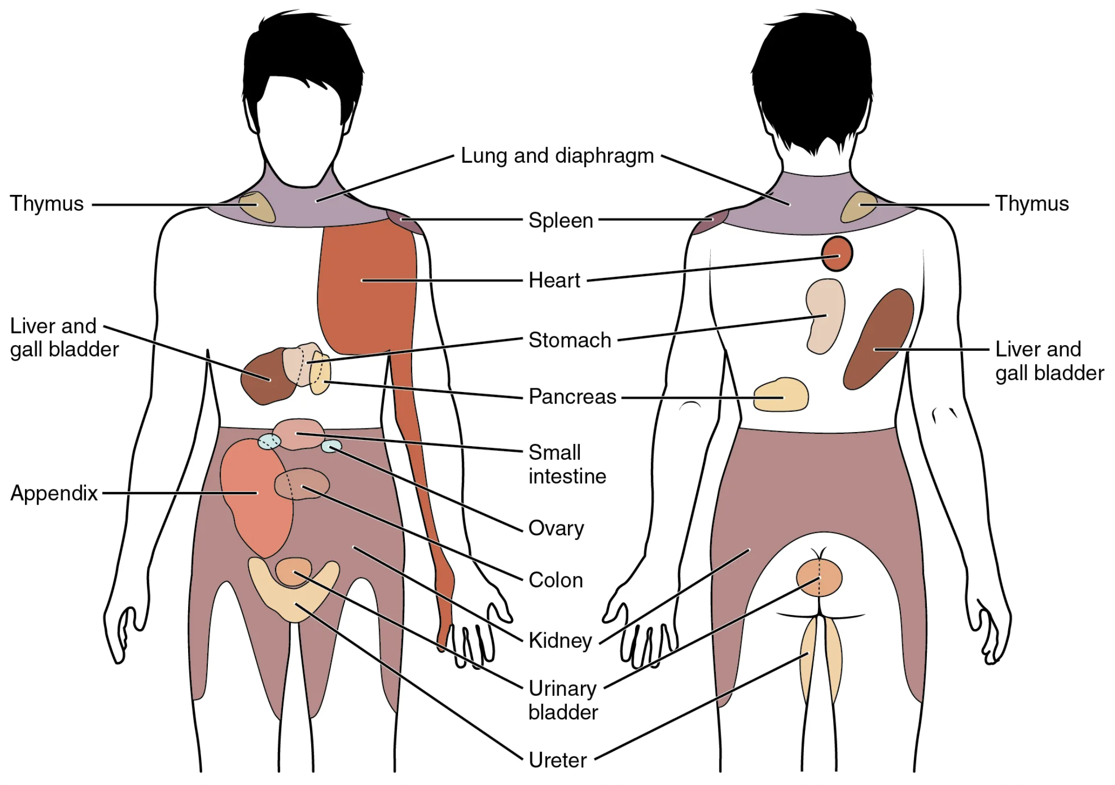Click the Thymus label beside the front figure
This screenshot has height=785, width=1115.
pos(47,203)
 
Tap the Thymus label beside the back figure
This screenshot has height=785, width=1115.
pos(1032,203)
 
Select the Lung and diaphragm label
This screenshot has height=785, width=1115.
pos(557,156)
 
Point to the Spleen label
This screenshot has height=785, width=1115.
pos(561,220)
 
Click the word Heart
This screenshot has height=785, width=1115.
pos(554,280)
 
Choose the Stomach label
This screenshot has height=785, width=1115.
pos(569,340)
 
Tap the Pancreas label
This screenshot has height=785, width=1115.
pos(572,397)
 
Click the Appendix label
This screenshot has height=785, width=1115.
pos(54,493)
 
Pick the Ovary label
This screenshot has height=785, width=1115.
pos(556,528)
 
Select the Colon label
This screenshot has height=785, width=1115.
pos(555,580)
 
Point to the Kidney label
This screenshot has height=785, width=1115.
pos(560,640)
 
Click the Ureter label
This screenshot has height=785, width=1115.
pos(557,760)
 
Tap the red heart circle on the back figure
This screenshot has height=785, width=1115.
pos(837,254)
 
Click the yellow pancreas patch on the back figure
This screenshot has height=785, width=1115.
pos(780,395)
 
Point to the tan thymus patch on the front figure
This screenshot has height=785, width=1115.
pos(256,206)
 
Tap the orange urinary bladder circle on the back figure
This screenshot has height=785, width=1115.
pos(819,578)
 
